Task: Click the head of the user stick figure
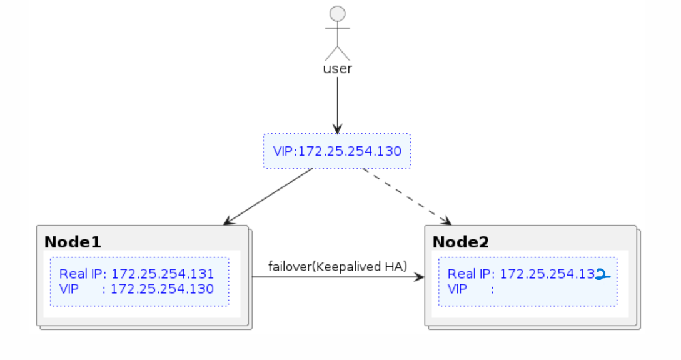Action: (x=337, y=14)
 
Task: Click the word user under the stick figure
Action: (x=337, y=69)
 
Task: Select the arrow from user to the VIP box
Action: (x=337, y=103)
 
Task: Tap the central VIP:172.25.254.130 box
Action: (x=336, y=151)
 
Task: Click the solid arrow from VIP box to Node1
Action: (x=269, y=196)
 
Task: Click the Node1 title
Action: (x=73, y=242)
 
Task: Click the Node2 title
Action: (x=461, y=242)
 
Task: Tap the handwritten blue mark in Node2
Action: (x=602, y=274)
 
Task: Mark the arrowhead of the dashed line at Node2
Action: (x=445, y=221)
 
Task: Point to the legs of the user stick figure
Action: (x=337, y=52)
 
